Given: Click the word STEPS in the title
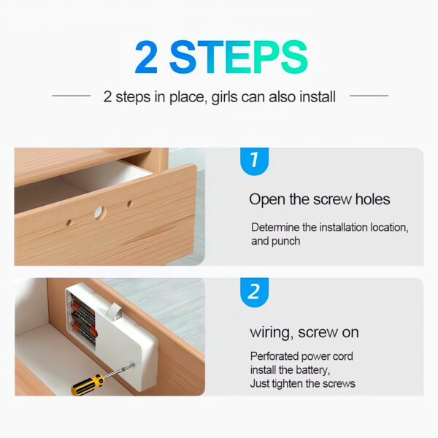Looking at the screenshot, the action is (239, 57).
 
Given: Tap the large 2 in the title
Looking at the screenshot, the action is (146, 57).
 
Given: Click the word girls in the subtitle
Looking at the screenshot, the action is (224, 97).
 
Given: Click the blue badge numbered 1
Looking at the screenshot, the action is (254, 161).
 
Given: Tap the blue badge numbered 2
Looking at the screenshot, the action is (254, 292).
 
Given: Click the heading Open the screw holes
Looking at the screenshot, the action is (320, 199).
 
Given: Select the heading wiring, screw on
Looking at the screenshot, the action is (304, 332).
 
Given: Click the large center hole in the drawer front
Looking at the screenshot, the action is (100, 213).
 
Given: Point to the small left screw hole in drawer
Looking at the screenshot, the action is (69, 223).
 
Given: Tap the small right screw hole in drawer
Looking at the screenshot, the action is (129, 204).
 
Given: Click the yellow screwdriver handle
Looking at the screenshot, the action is (88, 385).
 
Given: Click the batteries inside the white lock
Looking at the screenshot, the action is (84, 320).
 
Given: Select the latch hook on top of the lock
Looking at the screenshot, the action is (115, 311).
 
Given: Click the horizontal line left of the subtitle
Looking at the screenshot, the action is (72, 96).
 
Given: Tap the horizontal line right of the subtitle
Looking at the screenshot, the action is (369, 96).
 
